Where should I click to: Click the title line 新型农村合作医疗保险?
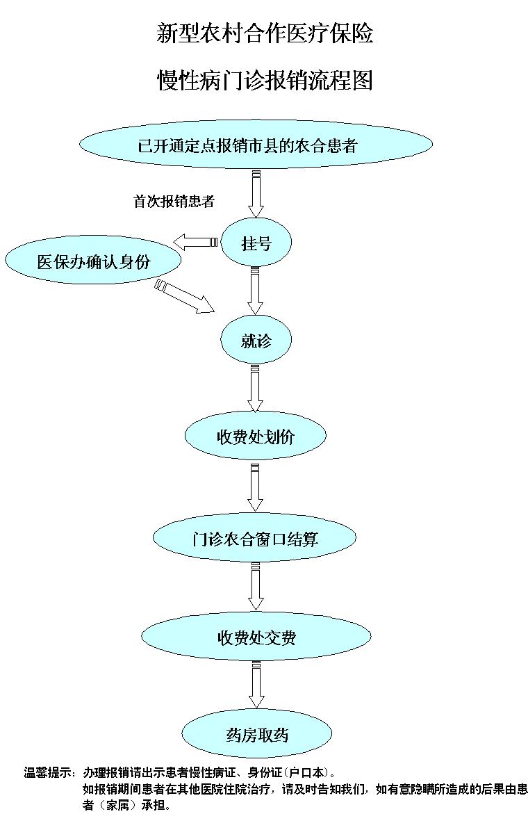click(265, 33)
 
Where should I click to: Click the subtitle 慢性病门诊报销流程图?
click(265, 81)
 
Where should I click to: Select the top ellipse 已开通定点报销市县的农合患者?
click(256, 146)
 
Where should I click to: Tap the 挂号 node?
click(256, 243)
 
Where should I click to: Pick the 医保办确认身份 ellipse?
click(93, 261)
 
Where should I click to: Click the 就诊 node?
click(256, 341)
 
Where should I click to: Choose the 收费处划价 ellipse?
click(255, 437)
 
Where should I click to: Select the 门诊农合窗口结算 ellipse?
click(255, 538)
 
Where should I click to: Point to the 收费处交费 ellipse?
click(256, 637)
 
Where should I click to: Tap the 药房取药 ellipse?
click(256, 735)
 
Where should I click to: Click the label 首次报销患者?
click(174, 202)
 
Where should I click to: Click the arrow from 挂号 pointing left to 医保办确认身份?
click(195, 242)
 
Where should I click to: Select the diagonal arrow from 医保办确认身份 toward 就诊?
click(185, 295)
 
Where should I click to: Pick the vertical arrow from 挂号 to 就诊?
click(256, 292)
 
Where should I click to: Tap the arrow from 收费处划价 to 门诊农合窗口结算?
click(256, 488)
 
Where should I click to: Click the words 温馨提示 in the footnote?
click(49, 772)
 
